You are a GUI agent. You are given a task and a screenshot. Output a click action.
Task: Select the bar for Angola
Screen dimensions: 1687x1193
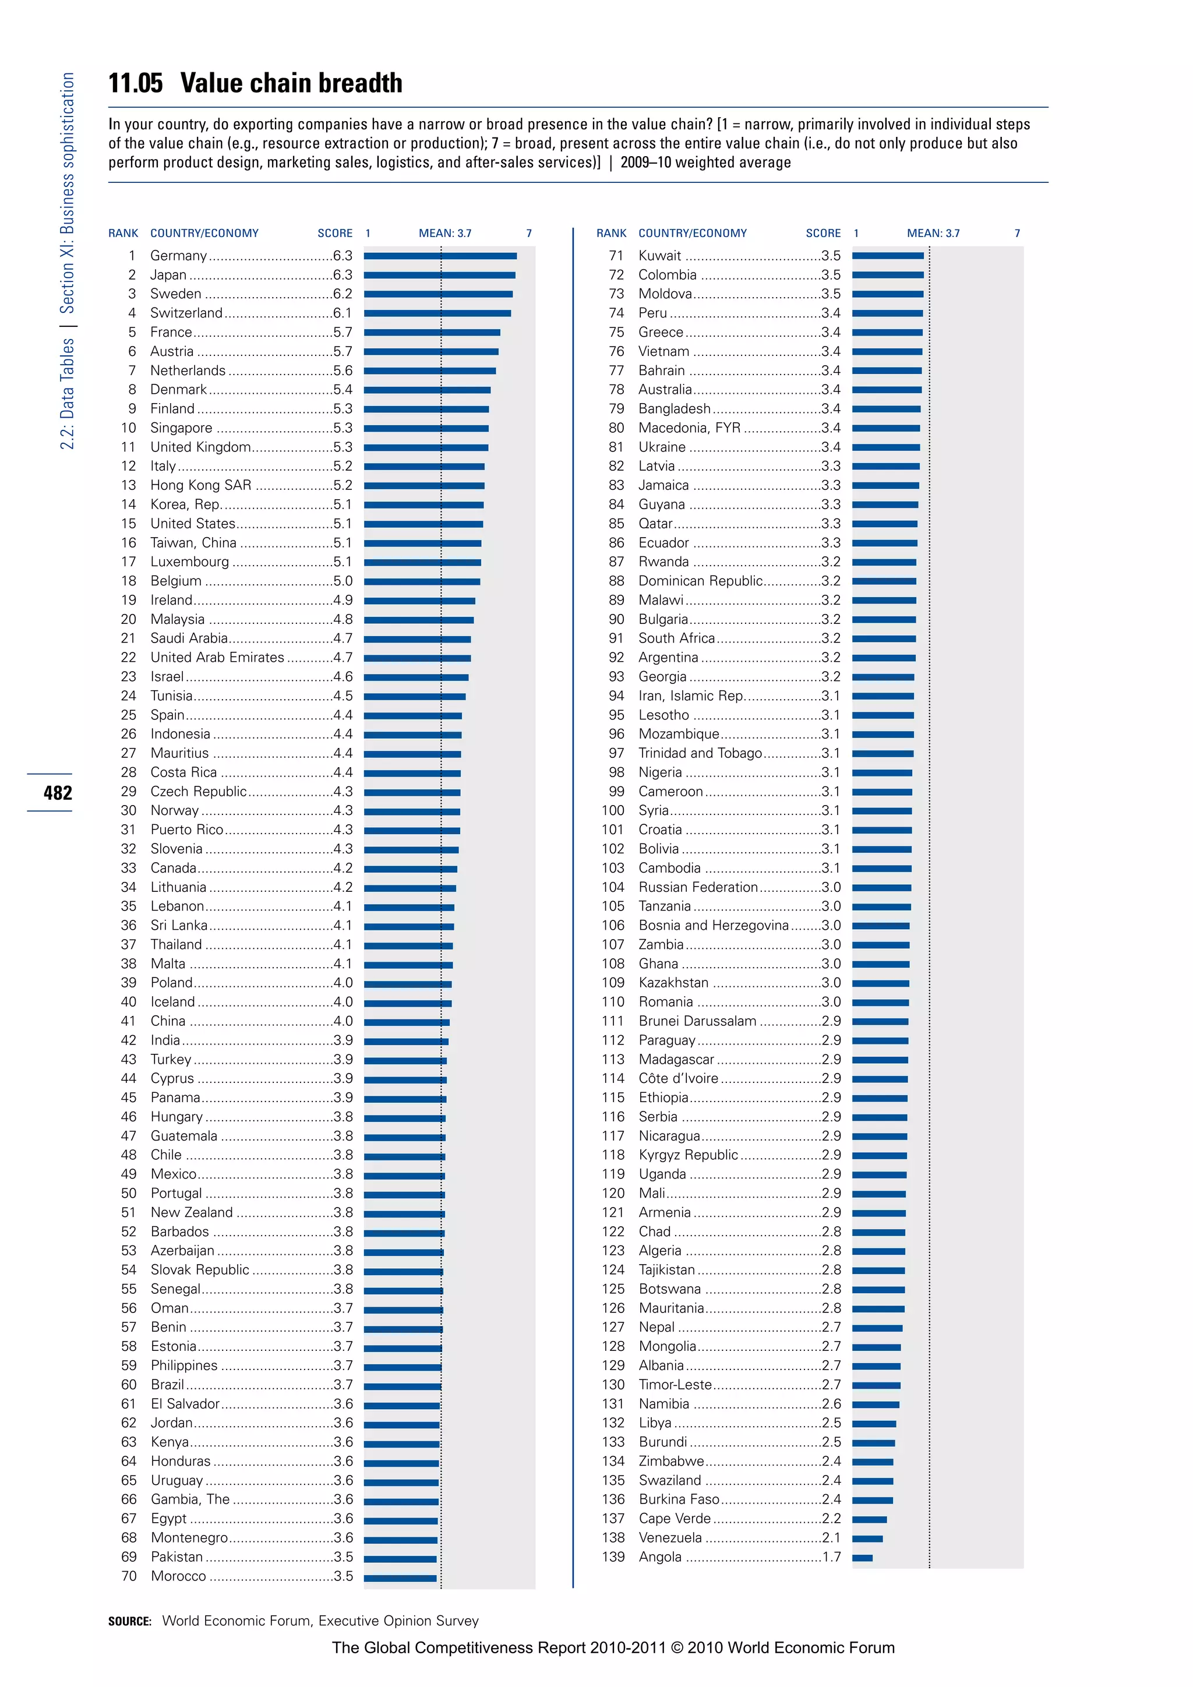click(x=863, y=1558)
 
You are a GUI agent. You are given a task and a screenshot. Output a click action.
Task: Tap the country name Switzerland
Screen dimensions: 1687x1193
click(x=186, y=313)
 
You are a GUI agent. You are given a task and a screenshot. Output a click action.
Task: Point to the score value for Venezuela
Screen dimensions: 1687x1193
click(x=831, y=1538)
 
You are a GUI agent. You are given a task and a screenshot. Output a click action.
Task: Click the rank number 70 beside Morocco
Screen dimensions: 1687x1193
click(x=129, y=1576)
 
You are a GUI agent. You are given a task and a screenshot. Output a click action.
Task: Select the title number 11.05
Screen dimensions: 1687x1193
click(x=135, y=83)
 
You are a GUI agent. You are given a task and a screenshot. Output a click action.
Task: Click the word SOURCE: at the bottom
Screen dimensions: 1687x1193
click(x=129, y=1621)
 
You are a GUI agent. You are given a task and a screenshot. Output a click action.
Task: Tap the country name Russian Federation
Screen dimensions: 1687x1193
click(x=697, y=887)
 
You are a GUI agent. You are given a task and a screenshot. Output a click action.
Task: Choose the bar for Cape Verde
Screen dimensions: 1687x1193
click(x=869, y=1519)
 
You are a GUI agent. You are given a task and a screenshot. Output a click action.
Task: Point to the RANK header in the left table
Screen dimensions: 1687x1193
click(x=123, y=233)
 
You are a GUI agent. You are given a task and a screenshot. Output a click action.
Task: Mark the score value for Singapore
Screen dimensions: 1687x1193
click(x=343, y=428)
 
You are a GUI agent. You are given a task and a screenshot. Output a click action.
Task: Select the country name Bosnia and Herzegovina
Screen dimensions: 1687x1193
click(x=712, y=925)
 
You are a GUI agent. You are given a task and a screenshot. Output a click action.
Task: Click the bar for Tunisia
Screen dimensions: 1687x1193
click(x=414, y=696)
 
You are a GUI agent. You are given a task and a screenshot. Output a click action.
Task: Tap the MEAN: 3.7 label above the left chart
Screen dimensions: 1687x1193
click(x=444, y=233)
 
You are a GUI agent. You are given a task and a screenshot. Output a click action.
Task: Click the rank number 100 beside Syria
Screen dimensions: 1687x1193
click(x=613, y=810)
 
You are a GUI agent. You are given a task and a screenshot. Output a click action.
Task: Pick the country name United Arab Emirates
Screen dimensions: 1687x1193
click(x=217, y=658)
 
